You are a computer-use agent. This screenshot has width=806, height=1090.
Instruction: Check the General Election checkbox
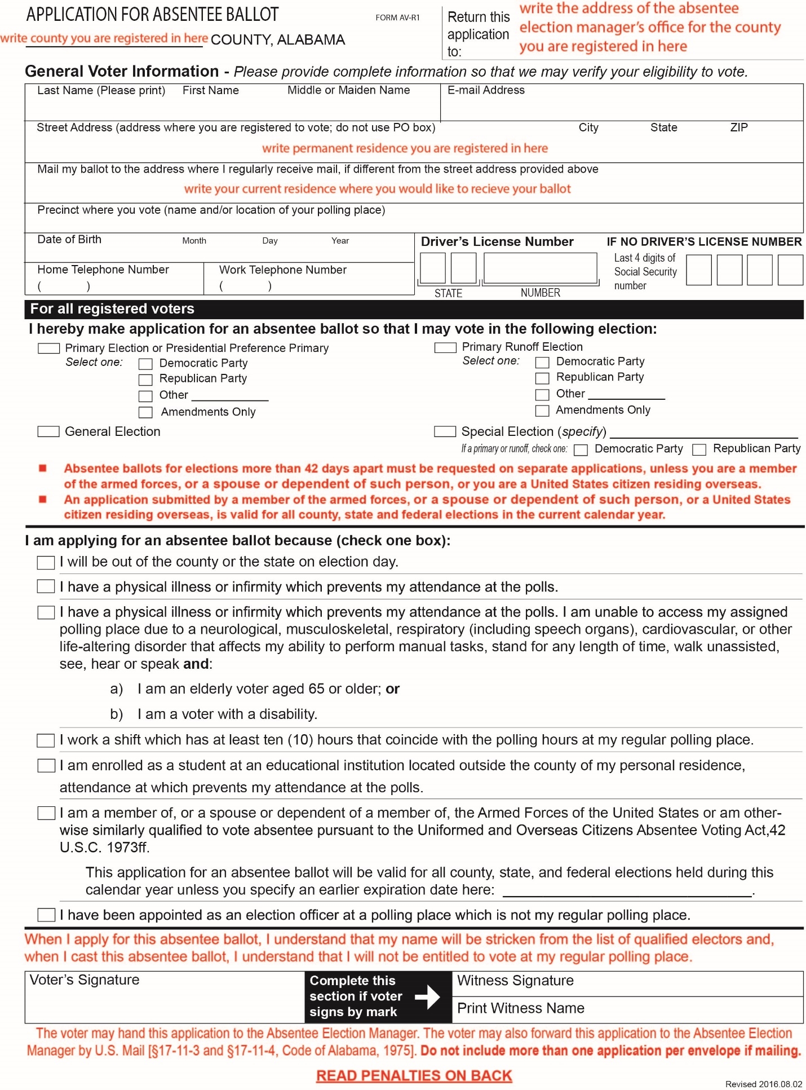48,431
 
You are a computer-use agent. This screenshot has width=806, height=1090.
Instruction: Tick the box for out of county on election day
46,562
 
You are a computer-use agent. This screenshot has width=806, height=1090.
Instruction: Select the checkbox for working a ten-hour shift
46,740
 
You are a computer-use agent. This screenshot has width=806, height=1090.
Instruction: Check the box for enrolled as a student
46,766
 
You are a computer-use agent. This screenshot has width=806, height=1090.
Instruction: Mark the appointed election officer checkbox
46,915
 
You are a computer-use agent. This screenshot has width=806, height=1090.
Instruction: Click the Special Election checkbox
445,431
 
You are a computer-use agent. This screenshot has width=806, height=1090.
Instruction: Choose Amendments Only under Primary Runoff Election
542,411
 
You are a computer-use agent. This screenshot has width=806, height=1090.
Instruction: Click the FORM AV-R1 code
397,17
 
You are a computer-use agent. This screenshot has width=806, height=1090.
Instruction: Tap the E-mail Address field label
486,90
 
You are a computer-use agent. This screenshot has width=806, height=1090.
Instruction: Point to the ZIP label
738,127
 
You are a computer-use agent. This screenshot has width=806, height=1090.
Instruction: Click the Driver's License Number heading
497,241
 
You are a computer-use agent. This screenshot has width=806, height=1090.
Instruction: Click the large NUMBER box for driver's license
540,268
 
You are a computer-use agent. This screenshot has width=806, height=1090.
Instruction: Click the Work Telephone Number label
282,270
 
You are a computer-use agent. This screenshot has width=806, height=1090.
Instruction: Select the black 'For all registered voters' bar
414,309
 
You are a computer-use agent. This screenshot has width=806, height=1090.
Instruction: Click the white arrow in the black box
428,996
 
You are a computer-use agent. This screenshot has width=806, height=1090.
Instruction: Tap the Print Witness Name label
520,1008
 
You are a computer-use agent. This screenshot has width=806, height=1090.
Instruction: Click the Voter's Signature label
85,980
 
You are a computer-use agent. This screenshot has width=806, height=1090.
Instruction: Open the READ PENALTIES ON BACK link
414,1076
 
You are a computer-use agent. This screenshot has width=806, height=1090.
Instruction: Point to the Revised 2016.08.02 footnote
763,1084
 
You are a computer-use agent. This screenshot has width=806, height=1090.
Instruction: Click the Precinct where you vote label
211,210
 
